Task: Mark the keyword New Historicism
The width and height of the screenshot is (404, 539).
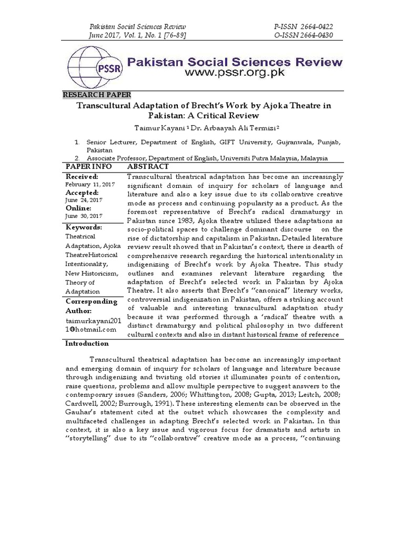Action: tap(92, 274)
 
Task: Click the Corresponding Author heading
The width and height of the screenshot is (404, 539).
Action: tap(90, 306)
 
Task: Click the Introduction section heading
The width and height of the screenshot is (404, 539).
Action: tap(87, 344)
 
